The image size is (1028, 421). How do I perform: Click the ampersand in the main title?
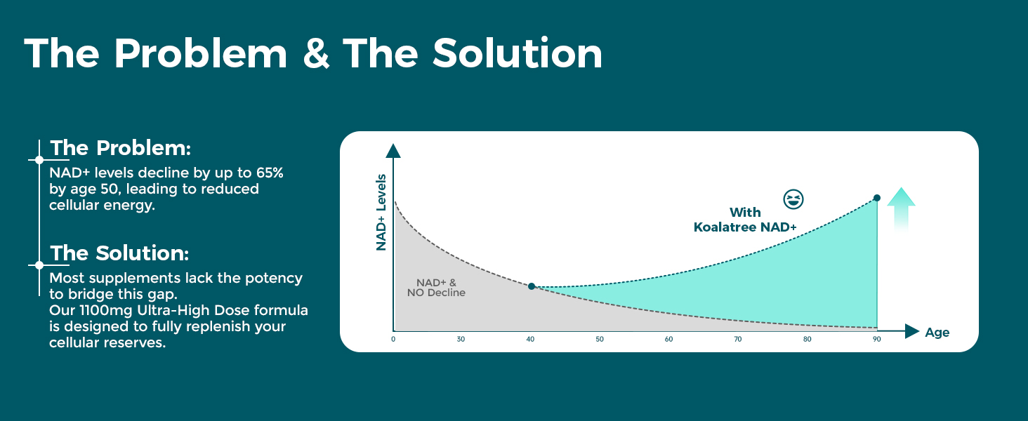pos(316,53)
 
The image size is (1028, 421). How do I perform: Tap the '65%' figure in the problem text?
pos(270,173)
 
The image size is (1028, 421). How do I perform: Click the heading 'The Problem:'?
pos(120,148)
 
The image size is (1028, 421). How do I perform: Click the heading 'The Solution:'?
pos(119,253)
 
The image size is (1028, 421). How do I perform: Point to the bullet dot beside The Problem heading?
pos(39,160)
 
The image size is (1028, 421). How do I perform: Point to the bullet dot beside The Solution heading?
pos(39,265)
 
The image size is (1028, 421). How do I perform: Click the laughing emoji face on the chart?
pos(793,199)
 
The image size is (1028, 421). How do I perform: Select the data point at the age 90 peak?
pos(876,198)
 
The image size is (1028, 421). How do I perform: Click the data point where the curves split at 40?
pos(532,286)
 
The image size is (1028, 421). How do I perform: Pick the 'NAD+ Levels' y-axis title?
pos(381,213)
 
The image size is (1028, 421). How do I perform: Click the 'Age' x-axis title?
pos(937,333)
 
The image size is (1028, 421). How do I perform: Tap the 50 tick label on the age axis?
pos(600,340)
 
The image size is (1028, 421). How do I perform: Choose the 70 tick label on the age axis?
pos(737,340)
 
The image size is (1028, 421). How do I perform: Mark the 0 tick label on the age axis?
pos(393,340)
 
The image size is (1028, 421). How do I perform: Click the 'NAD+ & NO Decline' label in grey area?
pos(436,288)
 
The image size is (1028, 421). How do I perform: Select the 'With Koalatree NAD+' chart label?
pos(745,220)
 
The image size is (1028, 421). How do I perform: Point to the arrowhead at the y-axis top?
pos(393,151)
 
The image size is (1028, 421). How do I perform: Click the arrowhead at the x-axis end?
pos(912,331)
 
